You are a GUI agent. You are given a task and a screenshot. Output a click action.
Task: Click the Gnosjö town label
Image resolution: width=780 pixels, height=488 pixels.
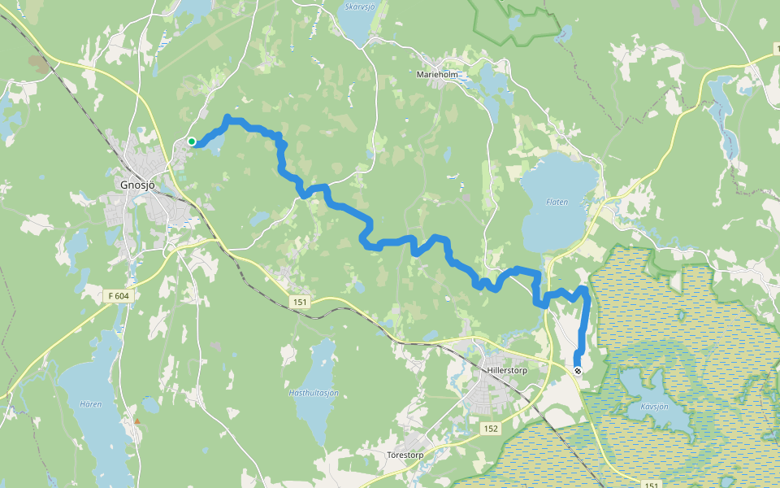pos(136,185)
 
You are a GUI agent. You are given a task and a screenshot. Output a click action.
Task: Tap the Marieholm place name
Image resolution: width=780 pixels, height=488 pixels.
pos(438,74)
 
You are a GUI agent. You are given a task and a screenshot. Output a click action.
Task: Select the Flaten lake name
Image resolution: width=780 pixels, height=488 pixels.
pos(557,201)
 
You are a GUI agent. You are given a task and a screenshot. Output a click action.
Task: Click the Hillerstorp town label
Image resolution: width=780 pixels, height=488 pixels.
pos(508,370)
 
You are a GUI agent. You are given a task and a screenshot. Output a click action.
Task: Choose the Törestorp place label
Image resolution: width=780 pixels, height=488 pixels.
pos(407,455)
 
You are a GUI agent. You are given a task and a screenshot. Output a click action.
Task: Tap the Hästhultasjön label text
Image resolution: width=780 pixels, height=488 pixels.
pos(314,393)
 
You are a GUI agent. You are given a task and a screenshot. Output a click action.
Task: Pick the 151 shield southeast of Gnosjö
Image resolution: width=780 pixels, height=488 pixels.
pos(301,302)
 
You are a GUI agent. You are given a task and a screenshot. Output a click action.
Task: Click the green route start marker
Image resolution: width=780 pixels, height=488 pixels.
pos(192,142)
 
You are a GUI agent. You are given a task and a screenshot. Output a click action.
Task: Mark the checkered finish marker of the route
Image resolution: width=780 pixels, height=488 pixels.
pos(578,371)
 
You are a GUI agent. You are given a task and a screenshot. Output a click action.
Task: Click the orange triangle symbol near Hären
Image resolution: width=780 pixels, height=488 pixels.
pos(137,421)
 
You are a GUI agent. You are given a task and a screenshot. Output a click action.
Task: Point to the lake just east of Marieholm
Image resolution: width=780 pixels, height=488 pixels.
pos(491,81)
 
